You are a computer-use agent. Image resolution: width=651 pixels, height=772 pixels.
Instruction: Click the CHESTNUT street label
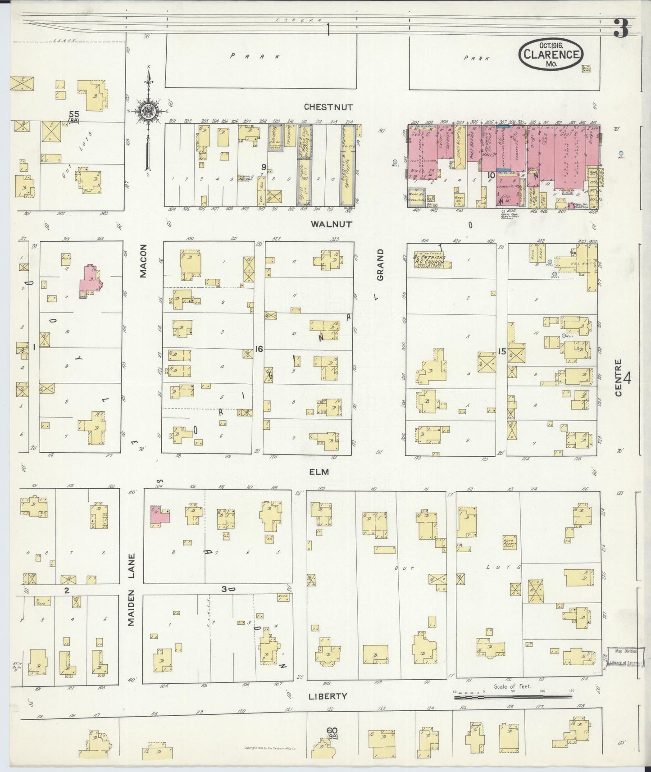coord(328,107)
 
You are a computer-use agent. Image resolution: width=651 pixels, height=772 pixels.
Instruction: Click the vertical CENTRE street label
coord(618,377)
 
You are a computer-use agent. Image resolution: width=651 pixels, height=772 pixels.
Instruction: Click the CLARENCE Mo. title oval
coord(551,54)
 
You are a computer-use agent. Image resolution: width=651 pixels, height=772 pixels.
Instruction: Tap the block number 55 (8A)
coord(74,117)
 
